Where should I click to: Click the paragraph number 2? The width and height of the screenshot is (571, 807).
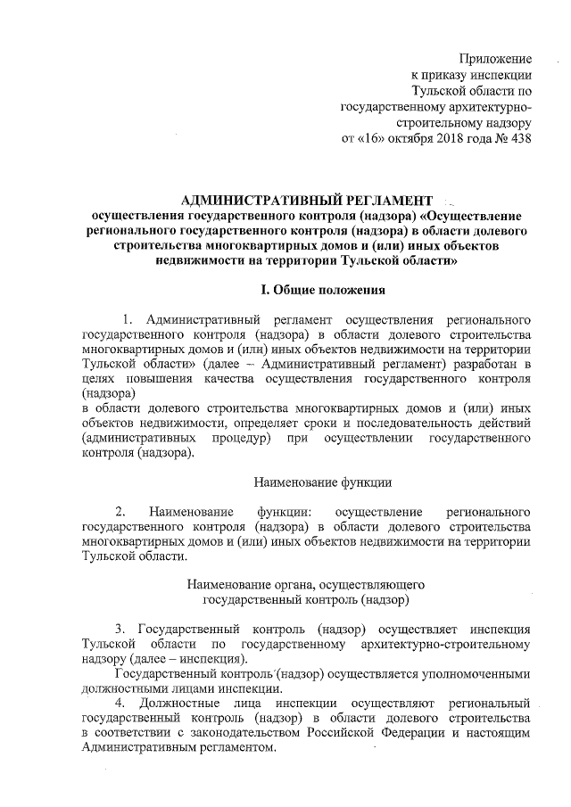[x=120, y=513]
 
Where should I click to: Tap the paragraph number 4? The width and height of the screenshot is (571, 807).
[x=120, y=704]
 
